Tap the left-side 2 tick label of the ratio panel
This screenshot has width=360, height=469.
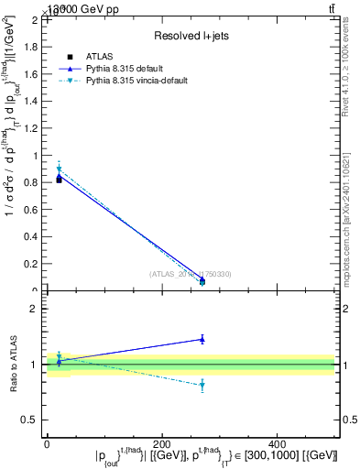coord(38,309)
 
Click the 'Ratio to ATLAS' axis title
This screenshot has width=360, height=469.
coord(15,365)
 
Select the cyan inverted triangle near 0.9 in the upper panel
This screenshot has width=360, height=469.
coord(59,169)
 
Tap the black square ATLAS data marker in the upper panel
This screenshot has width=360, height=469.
coord(59,180)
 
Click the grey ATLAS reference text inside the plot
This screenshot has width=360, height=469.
coord(191,274)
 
